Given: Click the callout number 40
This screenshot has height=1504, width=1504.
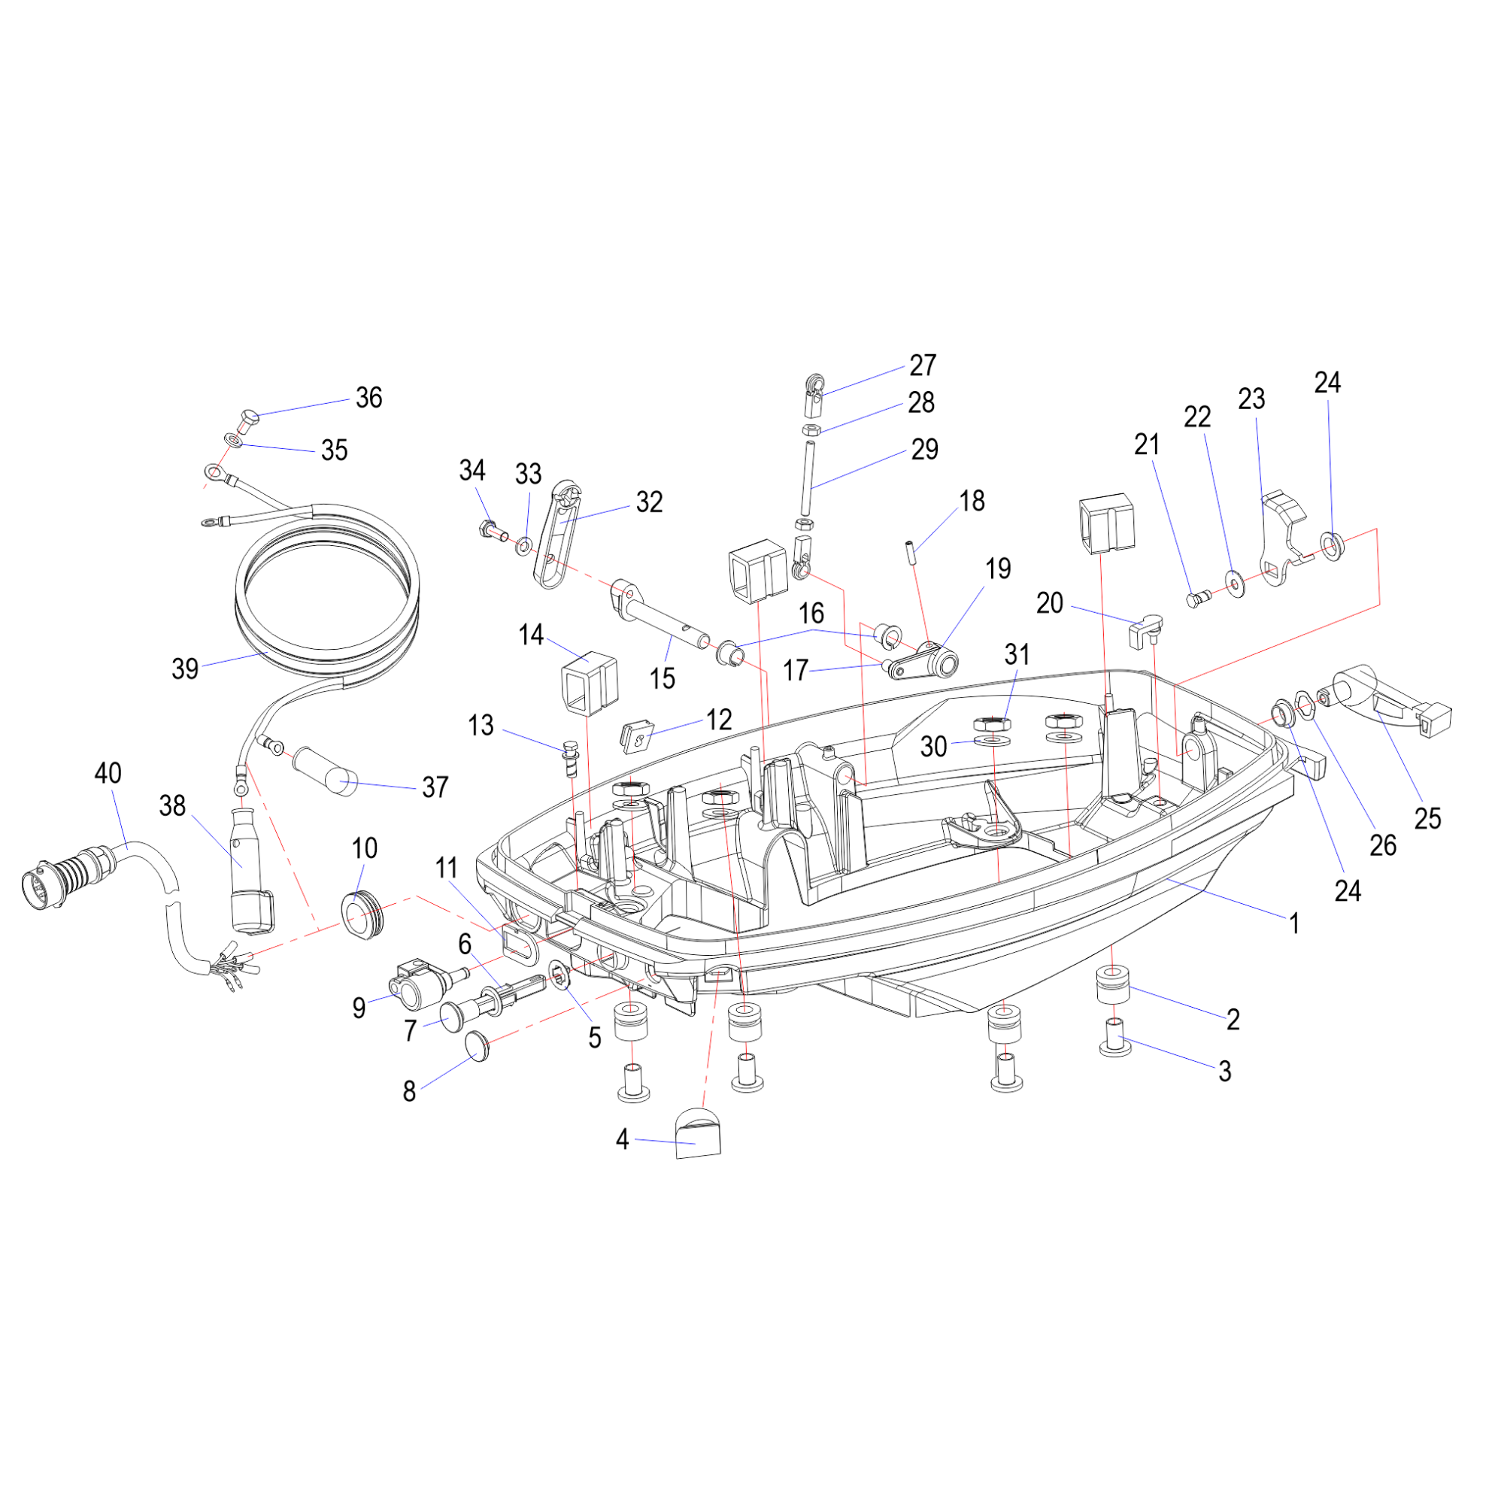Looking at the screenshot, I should tap(108, 773).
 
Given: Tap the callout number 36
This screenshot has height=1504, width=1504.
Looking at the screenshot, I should tap(369, 398).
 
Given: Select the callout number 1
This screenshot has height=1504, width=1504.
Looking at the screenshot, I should tap(1293, 924).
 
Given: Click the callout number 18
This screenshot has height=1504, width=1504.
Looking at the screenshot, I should tap(972, 501).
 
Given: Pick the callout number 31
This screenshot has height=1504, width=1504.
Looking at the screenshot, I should tap(1017, 655).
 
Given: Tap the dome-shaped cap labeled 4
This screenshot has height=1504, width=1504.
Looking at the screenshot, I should tap(698, 1133).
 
